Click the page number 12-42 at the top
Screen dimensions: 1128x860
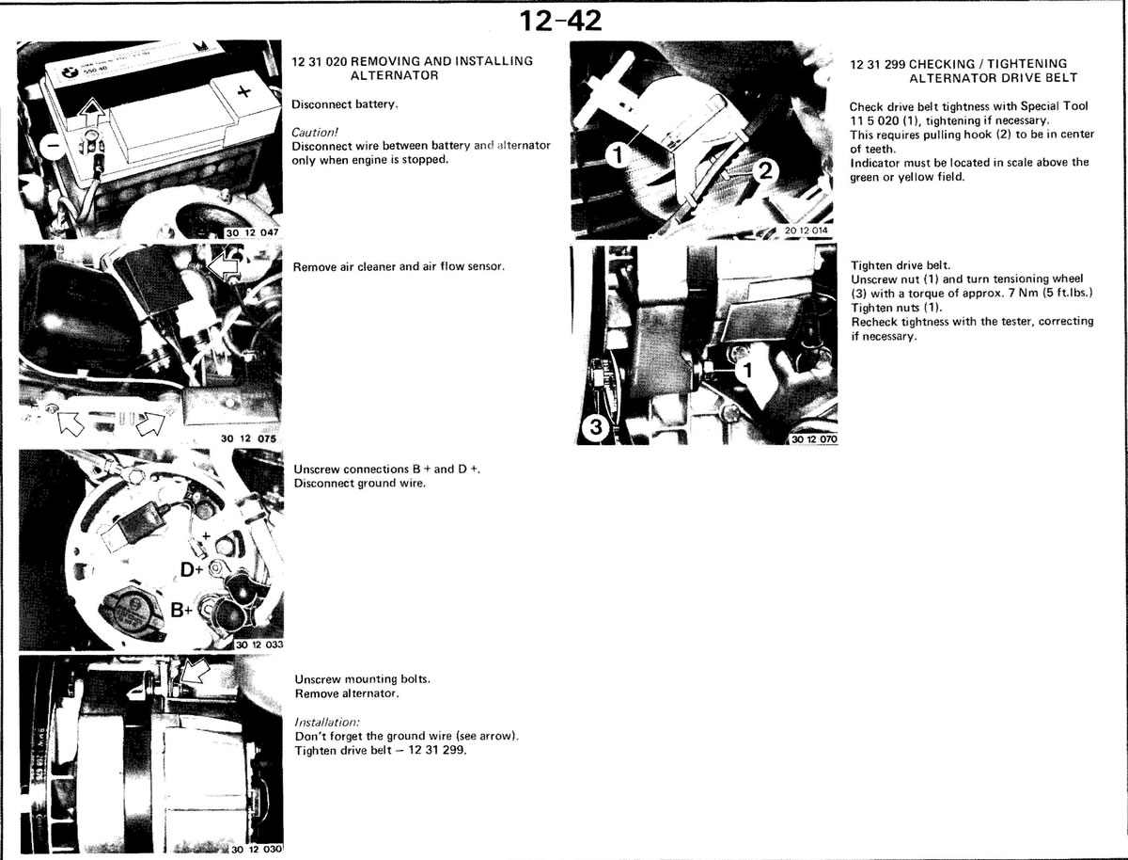coord(559,21)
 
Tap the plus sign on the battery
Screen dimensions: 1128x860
coord(244,92)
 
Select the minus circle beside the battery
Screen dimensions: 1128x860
coord(53,147)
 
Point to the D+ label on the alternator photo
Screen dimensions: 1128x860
coord(191,569)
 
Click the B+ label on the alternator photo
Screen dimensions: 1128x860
coord(181,611)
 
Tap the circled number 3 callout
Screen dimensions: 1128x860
coord(595,427)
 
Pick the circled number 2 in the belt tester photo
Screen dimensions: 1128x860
coord(765,170)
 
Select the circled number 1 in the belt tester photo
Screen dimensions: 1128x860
coord(619,155)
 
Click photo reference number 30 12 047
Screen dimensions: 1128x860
coord(252,232)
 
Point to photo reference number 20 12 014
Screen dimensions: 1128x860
coord(806,231)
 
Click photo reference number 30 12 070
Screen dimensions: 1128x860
coord(814,439)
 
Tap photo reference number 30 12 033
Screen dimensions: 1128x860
coord(259,645)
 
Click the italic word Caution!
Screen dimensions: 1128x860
coord(315,132)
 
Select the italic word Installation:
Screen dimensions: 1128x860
coord(327,722)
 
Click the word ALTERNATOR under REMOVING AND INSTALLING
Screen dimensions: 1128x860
coord(394,75)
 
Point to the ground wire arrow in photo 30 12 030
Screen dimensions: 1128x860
coord(196,672)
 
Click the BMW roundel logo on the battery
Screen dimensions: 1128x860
coord(69,73)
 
